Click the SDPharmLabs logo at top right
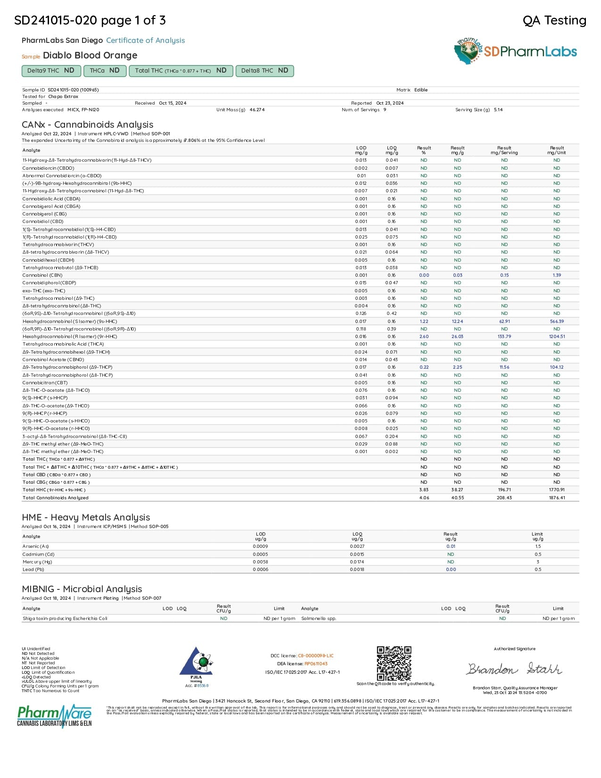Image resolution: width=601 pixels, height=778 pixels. coord(516,51)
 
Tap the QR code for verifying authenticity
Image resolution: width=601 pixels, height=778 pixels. coord(394,663)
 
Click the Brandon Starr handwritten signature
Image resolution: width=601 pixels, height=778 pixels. coord(514,669)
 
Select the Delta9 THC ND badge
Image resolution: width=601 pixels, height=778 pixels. coord(51,71)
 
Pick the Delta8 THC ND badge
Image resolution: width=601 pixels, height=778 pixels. coord(264,71)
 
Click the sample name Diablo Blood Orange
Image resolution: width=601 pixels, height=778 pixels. coord(90,55)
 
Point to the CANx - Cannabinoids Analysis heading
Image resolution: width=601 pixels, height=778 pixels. coord(88,124)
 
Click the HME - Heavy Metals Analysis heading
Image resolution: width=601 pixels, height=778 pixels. coord(86,517)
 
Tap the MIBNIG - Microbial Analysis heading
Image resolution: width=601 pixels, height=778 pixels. coord(82,589)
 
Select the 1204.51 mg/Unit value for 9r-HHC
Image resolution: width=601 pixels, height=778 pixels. coord(557,337)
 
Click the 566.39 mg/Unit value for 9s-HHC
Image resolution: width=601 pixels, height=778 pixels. coord(557,321)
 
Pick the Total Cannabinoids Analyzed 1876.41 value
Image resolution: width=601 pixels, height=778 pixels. coord(557,497)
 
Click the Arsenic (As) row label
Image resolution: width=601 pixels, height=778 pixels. coord(36,546)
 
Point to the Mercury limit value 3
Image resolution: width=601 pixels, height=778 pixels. coord(537,562)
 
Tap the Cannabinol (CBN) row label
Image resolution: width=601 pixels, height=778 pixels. coord(42,275)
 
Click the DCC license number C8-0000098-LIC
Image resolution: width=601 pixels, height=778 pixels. coord(315,656)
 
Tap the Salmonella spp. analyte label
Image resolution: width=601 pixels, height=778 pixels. coord(319,619)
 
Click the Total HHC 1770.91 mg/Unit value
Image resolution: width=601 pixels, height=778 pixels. coord(557,490)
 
